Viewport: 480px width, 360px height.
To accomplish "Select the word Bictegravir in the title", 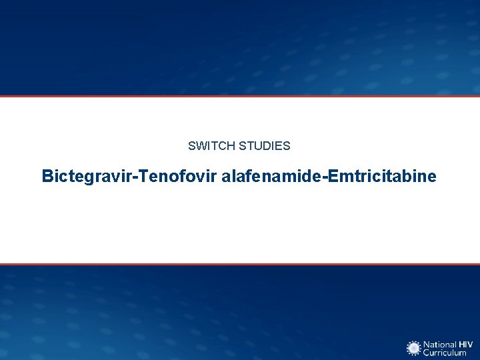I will tap(82, 177).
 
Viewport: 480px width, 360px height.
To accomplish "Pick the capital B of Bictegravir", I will tap(47, 177).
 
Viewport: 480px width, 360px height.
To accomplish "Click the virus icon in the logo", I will tap(414, 348).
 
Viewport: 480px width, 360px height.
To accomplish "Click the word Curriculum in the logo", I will tap(445, 353).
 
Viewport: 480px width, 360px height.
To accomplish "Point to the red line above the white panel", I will tap(240, 96).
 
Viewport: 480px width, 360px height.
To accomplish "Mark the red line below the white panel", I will tap(240, 264).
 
